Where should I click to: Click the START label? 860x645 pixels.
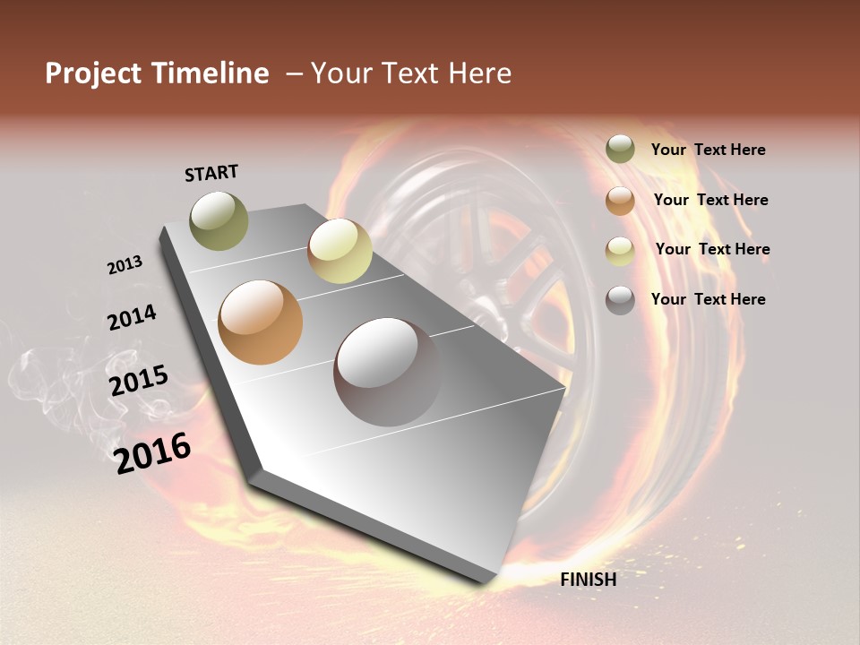coord(211,173)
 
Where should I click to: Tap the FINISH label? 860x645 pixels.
coord(588,580)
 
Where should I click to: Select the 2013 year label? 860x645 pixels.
coord(125,265)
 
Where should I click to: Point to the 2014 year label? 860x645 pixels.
coord(132,318)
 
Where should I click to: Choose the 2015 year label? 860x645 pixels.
coord(139,381)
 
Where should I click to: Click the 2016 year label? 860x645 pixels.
coord(152,453)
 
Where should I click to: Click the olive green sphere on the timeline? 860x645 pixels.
coord(219,220)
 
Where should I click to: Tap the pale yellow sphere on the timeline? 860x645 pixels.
coord(340,251)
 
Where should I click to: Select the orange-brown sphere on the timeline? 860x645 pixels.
coord(261,322)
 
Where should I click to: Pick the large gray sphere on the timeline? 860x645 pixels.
coord(387,372)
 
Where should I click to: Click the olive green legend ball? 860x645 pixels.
coord(620,150)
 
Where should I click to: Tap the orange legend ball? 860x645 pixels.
coord(620,201)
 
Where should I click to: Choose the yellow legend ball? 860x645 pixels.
coord(620,251)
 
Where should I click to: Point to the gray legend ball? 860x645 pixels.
coord(620,300)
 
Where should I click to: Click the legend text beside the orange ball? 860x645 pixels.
coord(710,200)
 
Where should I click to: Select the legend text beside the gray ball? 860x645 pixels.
coord(708,299)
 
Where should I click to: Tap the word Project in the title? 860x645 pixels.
coord(93,73)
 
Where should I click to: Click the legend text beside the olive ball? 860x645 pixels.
coord(708,150)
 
